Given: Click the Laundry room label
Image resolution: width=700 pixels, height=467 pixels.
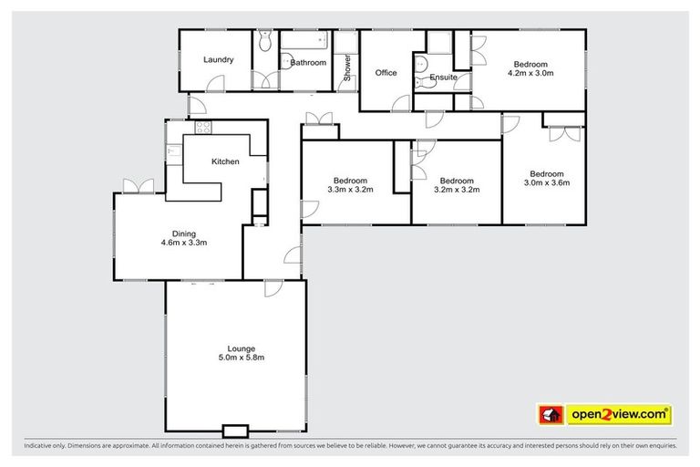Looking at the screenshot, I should pos(218,60).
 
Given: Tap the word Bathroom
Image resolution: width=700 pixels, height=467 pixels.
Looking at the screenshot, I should pos(308,63).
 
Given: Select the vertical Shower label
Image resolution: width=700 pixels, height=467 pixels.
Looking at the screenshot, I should pos(346,67).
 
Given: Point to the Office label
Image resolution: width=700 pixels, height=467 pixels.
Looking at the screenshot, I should pos(386,73).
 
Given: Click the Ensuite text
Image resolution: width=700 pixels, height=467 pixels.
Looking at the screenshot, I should pos(443,78).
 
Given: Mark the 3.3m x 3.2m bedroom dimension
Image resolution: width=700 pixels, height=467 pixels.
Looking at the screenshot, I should pos(351,191).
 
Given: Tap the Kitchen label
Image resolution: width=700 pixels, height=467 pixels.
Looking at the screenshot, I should pos(225,161).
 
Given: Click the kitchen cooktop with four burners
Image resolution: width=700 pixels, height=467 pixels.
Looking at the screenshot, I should pos(203,128).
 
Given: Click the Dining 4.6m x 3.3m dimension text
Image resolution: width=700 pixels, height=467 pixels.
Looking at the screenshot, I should pos(185,244).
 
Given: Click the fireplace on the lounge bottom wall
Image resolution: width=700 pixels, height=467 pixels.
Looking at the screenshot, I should pos(235,430).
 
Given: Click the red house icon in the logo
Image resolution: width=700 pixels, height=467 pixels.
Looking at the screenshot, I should pos(551,415).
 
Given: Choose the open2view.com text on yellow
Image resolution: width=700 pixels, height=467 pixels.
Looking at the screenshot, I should pos(619,415).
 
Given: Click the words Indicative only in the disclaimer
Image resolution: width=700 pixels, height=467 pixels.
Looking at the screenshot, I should pos(45,446).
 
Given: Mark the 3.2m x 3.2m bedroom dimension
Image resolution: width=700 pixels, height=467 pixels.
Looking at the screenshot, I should pos(457,191).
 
